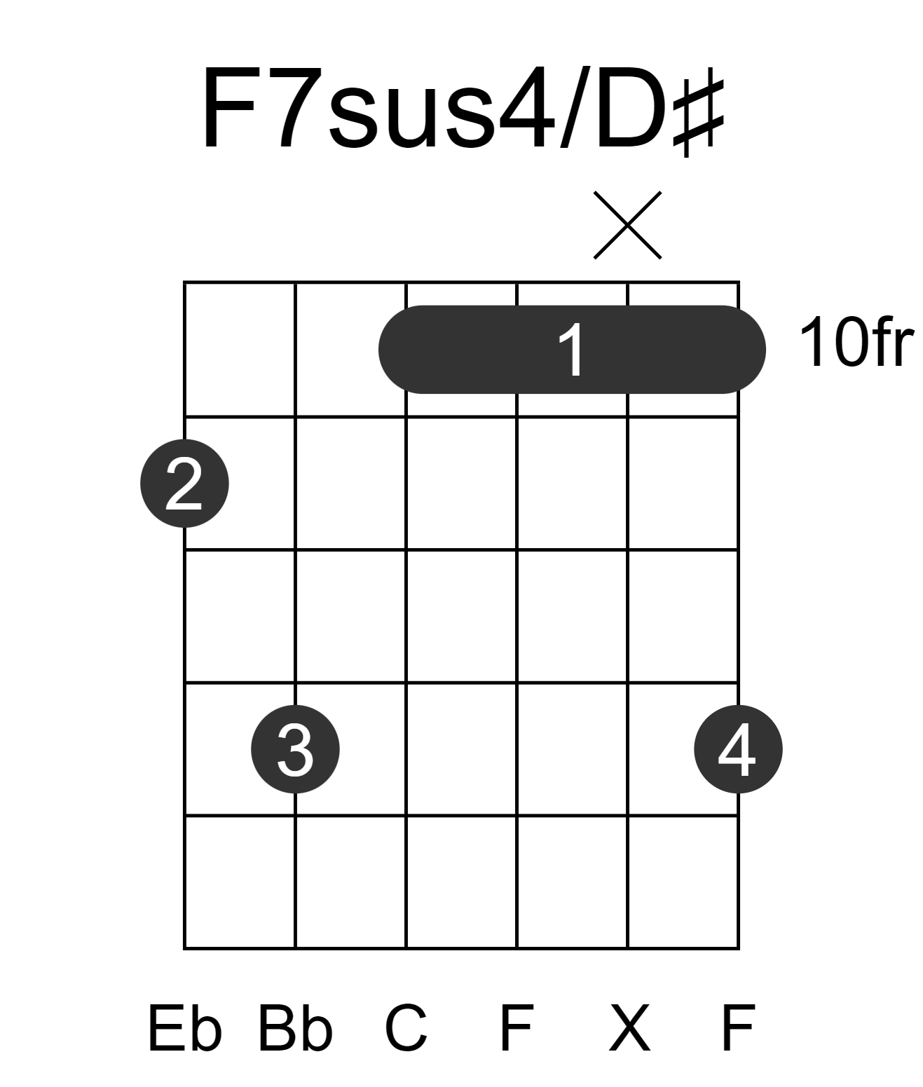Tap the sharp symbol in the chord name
point(699,111)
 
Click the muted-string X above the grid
point(627,225)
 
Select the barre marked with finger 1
point(572,350)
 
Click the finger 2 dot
point(184,484)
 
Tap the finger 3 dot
point(295,749)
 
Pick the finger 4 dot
point(739,749)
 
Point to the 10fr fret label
point(856,342)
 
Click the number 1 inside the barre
point(572,350)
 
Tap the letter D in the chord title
point(631,109)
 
